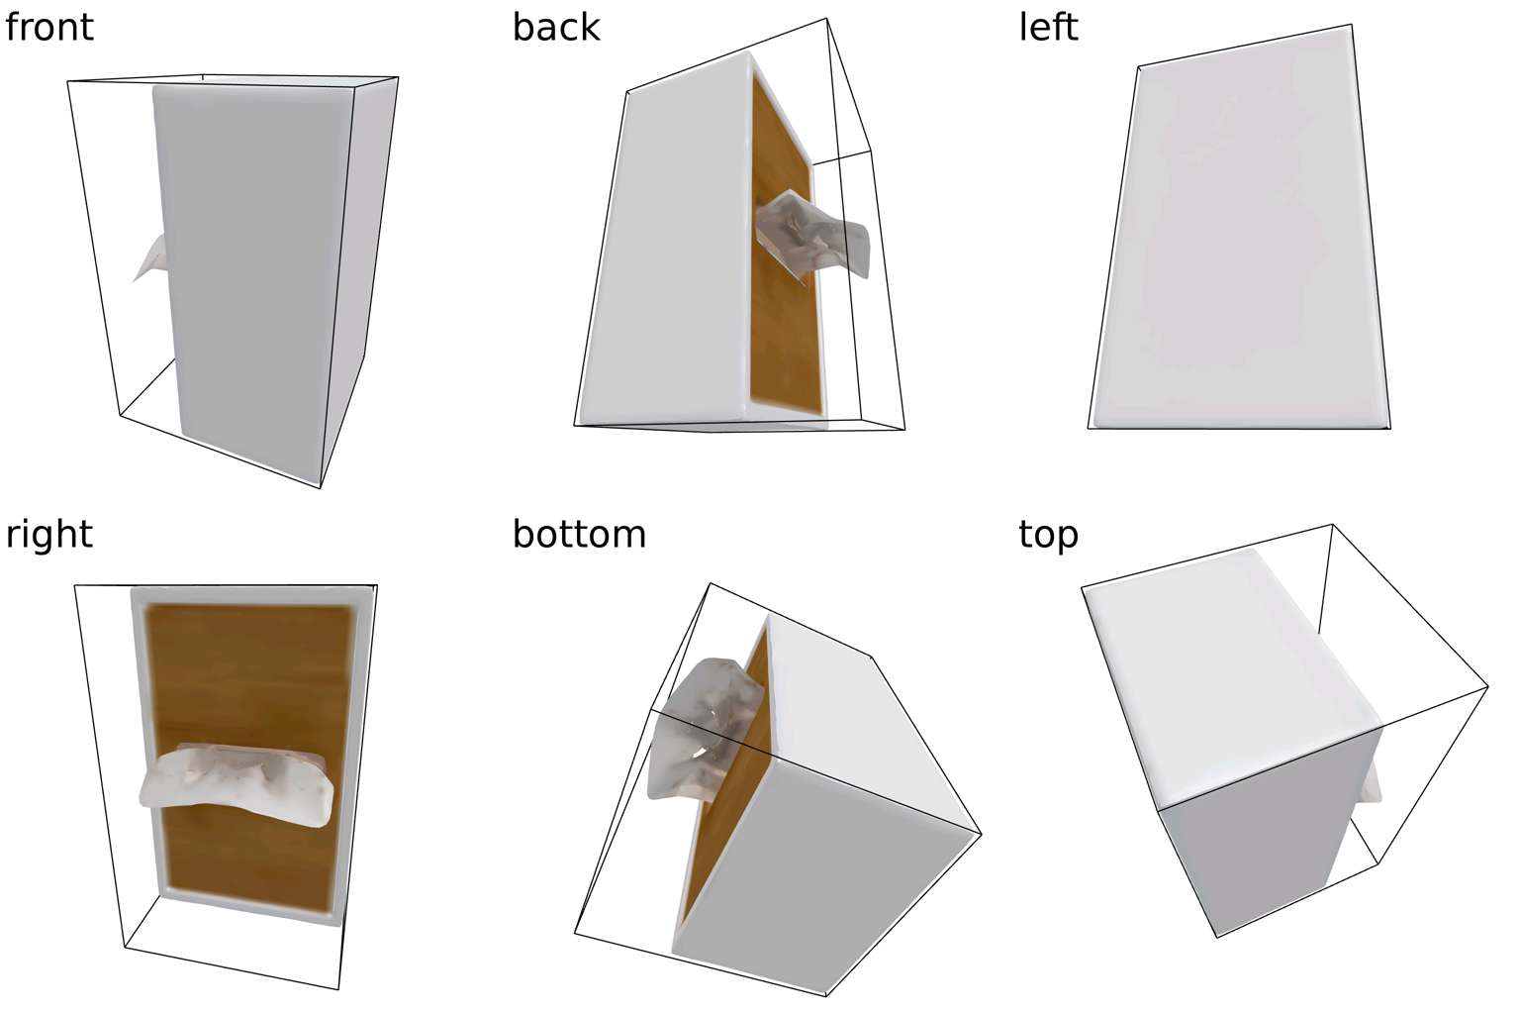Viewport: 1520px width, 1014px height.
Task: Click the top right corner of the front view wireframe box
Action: point(399,77)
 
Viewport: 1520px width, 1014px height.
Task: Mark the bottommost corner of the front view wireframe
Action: point(321,487)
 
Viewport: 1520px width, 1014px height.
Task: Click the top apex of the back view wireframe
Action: point(826,19)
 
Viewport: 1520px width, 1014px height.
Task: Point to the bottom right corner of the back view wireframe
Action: point(905,429)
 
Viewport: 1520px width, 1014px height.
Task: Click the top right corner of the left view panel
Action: point(1352,25)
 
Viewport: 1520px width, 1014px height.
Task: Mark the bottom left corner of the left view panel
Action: point(1088,428)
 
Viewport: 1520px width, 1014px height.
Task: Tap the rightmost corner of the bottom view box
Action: point(982,834)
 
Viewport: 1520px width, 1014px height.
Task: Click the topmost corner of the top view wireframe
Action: point(1332,524)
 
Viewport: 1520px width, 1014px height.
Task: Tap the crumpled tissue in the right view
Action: point(237,784)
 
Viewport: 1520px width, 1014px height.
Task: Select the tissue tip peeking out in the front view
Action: point(149,258)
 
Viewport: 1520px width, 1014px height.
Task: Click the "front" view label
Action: point(48,28)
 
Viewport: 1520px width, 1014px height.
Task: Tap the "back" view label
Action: point(556,28)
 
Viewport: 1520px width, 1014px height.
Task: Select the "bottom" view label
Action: point(579,535)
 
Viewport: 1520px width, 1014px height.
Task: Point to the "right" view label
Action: point(48,536)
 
